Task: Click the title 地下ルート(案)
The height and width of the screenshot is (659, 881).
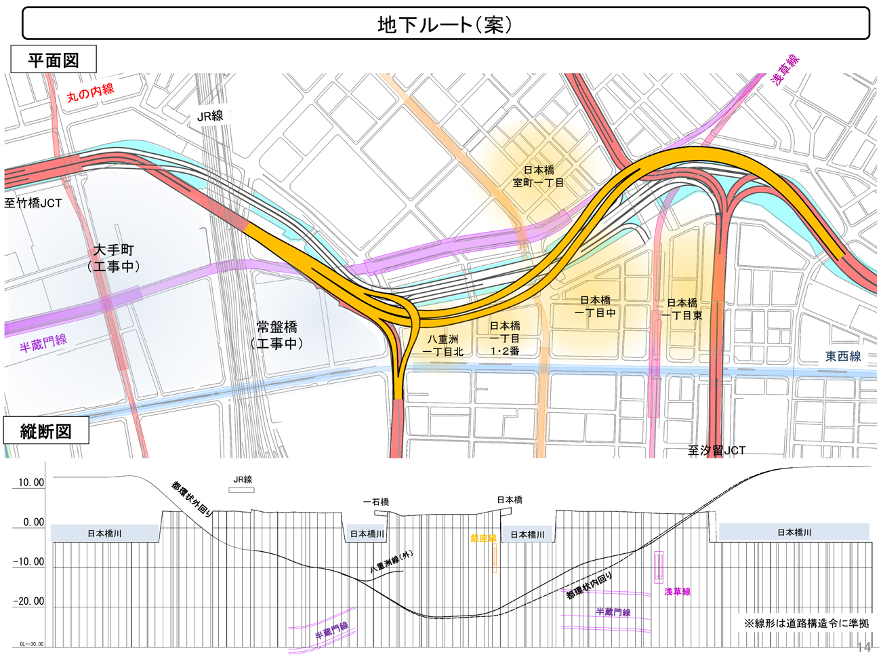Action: click(x=445, y=24)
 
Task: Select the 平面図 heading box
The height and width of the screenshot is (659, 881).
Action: click(x=54, y=60)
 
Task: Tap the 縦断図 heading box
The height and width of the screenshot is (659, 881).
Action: click(x=46, y=431)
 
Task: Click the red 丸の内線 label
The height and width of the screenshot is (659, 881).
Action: click(x=90, y=92)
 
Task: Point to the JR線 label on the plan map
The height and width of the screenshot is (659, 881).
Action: click(x=210, y=116)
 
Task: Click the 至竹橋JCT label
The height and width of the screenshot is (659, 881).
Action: click(x=33, y=203)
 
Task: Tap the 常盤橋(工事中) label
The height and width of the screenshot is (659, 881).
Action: click(x=277, y=335)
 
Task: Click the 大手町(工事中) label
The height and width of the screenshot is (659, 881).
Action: click(x=114, y=258)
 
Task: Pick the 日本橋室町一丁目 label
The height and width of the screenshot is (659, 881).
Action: click(x=539, y=176)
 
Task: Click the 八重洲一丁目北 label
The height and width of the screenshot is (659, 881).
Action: click(x=443, y=345)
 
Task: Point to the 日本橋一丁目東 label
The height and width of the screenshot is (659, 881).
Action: click(x=682, y=309)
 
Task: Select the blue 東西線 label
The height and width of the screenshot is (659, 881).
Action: click(x=842, y=356)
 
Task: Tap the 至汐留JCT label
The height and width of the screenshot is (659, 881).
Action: click(x=716, y=450)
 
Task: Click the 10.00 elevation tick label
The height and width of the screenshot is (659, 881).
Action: click(x=30, y=483)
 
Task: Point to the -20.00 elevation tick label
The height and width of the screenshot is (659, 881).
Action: click(x=28, y=601)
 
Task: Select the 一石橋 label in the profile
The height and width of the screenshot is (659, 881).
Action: click(x=376, y=502)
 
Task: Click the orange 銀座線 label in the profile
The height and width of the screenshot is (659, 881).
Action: click(x=483, y=538)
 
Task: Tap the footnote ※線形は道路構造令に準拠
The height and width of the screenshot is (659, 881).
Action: click(x=806, y=622)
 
